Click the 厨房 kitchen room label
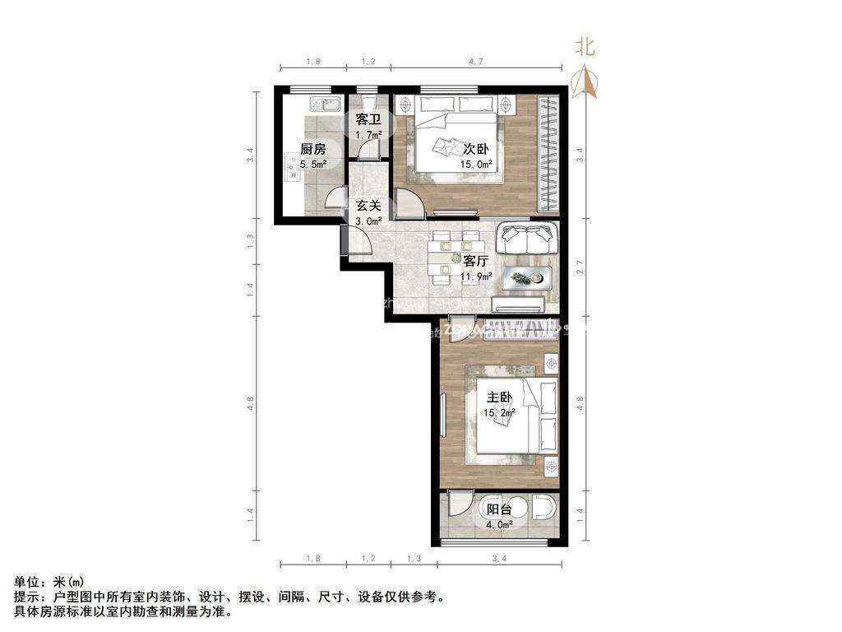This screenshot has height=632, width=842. click(x=312, y=150)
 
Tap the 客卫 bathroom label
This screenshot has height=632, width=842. click(x=368, y=120)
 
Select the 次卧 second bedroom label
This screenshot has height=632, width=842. click(x=476, y=150)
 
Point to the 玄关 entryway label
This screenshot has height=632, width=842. click(x=368, y=207)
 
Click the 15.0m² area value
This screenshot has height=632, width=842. click(x=476, y=164)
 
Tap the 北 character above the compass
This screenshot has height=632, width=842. click(x=585, y=48)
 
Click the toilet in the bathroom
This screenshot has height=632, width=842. click(x=367, y=100)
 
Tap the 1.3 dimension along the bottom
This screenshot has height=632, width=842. click(x=414, y=560)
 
